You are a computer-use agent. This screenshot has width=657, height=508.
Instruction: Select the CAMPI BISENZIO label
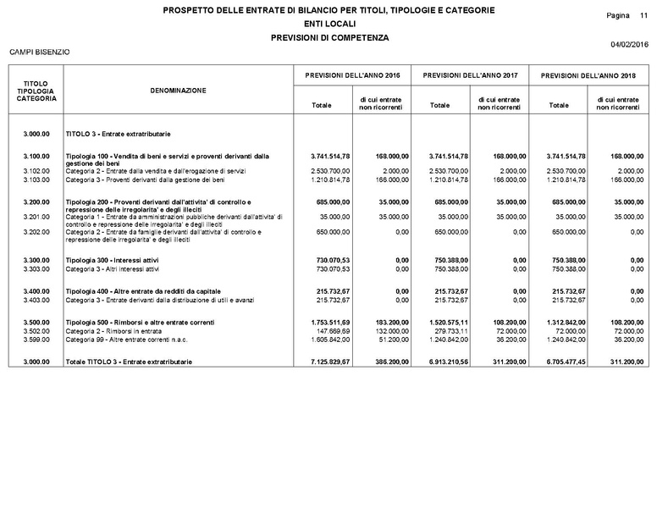pos(39,52)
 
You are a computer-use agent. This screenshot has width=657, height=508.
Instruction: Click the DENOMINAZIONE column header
pos(178,90)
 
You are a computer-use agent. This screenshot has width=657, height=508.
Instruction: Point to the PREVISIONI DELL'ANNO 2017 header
pos(470,75)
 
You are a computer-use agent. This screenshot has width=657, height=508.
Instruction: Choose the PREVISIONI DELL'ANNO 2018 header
pos(588,75)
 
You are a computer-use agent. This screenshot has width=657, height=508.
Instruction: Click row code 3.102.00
pos(35,171)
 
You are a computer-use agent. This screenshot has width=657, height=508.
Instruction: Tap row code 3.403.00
pos(35,299)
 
